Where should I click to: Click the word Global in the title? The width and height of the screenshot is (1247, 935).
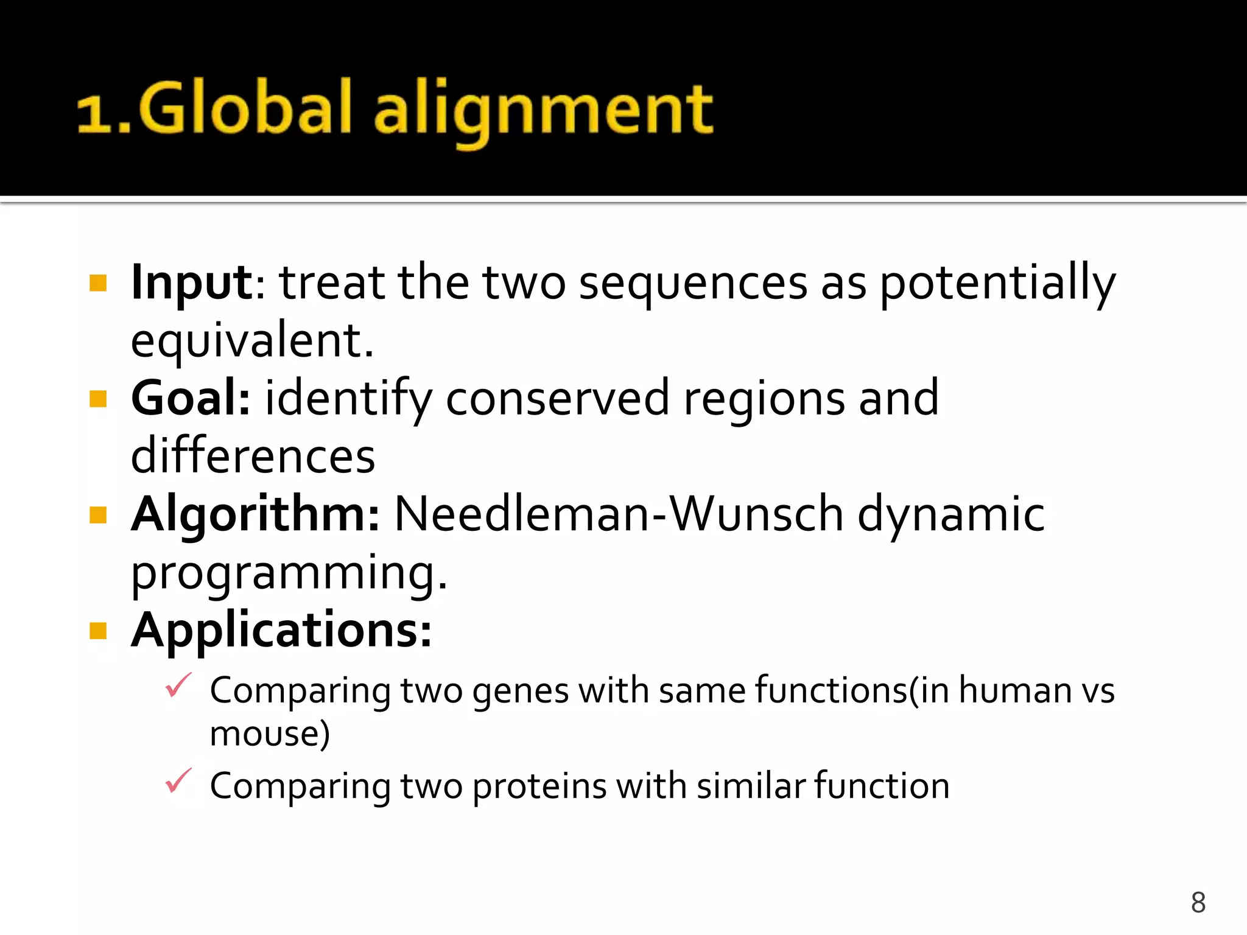pos(245,108)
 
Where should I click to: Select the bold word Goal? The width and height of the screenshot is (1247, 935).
pos(190,398)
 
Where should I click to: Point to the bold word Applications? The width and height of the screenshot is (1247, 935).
pos(281,631)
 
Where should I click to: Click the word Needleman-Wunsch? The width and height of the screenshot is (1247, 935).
pos(619,514)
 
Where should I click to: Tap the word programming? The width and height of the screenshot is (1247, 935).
pos(289,573)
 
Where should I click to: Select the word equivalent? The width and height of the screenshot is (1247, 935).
pos(251,341)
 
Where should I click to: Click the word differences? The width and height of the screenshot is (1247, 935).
pos(253,457)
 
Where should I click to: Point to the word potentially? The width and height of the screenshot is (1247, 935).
pos(997,284)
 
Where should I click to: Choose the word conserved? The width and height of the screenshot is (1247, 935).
pos(557,399)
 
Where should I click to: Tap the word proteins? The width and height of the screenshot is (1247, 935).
pos(539,786)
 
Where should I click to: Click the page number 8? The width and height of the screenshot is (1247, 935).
pos(1198,902)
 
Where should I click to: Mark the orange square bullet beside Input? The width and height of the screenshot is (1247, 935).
pos(98,283)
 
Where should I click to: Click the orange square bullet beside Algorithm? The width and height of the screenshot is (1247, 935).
pos(98,515)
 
